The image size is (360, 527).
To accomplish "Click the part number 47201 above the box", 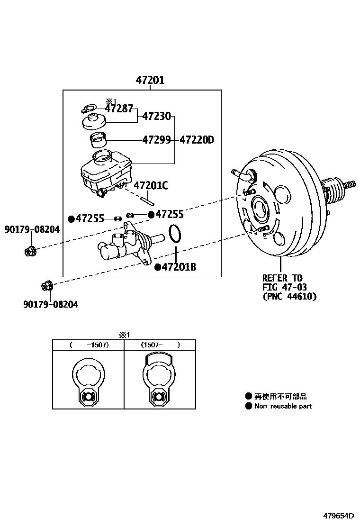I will (150, 81).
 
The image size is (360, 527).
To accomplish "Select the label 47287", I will (119, 109).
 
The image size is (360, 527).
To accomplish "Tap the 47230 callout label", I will (156, 116).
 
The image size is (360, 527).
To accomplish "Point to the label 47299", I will (156, 140).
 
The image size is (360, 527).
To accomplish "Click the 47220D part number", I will (197, 140).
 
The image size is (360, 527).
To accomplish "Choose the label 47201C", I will (151, 185).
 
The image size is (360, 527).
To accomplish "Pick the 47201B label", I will (179, 267).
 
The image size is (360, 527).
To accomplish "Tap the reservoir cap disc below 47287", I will (93, 123).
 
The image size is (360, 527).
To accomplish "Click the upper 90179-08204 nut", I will (30, 251).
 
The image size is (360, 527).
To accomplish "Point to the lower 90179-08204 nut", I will (47, 286).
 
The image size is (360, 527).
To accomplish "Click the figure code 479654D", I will (339, 516).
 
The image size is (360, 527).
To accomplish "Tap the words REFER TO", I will (282, 278).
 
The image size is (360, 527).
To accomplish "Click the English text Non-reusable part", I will (283, 406).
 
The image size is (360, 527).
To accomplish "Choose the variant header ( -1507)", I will (89, 345).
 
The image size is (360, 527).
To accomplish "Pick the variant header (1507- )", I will (160, 345).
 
